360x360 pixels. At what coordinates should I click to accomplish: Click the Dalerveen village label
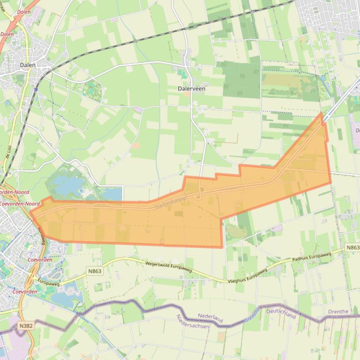coord(191,88)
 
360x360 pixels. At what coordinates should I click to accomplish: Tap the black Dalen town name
coord(28,65)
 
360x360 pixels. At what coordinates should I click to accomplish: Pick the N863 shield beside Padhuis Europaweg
coord(353,247)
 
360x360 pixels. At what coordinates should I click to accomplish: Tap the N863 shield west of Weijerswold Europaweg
coord(95,271)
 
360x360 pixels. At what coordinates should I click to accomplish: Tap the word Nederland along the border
coord(210,318)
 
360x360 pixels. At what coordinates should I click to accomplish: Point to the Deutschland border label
coord(281,313)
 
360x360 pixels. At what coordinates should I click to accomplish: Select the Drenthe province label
coord(338,311)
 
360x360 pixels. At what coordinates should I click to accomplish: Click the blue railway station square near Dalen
coord(36,89)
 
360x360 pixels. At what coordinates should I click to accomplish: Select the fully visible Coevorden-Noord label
coord(20,204)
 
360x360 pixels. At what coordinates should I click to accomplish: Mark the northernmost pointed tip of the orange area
coord(321,113)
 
